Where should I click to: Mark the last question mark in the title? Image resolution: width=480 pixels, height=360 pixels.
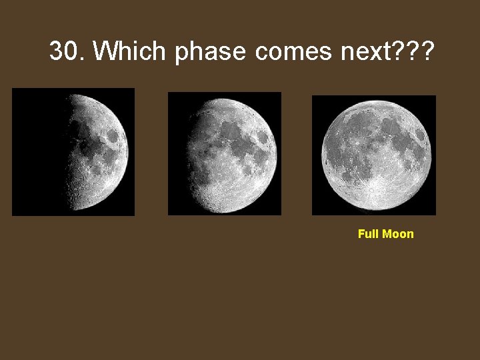[x=424, y=51]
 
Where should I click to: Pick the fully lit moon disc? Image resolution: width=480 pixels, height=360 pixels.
[x=374, y=155]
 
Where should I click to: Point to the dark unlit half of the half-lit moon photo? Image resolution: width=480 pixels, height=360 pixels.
[x=40, y=152]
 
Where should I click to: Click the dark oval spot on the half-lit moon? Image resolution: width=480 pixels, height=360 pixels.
[x=113, y=137]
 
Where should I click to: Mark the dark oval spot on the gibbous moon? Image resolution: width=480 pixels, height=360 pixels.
[x=263, y=137]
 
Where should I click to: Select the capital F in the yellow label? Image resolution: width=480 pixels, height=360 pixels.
[x=361, y=234]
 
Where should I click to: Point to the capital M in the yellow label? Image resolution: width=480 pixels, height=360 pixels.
[x=387, y=234]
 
